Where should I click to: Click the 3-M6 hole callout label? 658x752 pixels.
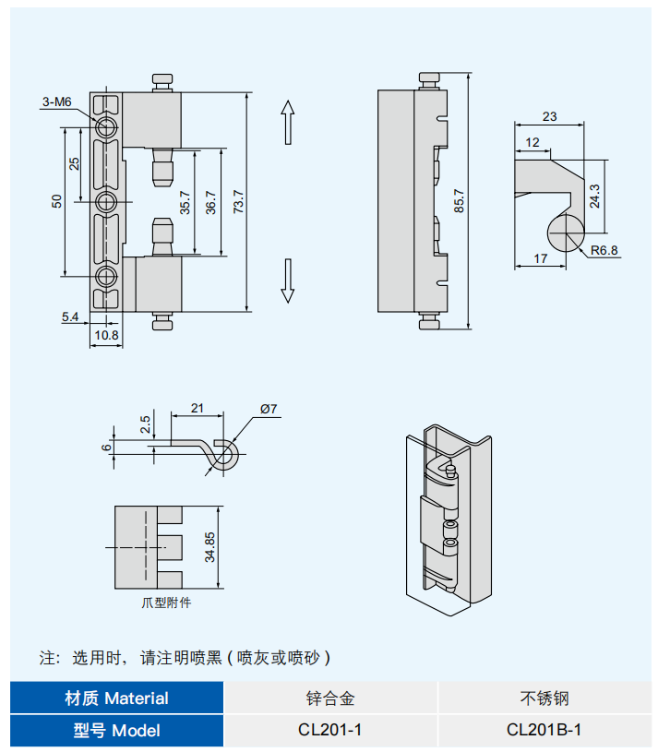[x=56, y=102]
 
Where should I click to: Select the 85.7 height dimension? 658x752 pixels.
[x=460, y=200]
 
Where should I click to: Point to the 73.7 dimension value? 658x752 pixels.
[x=238, y=201]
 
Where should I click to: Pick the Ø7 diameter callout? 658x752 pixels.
[x=269, y=409]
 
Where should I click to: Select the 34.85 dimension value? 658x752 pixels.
[x=210, y=547]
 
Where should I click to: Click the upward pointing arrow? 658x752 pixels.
[x=287, y=121]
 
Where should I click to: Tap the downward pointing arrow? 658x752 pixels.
[x=287, y=281]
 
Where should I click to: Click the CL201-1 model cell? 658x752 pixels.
[x=329, y=730]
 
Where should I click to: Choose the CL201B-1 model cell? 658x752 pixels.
[x=544, y=730]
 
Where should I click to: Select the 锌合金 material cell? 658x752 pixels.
[x=329, y=698]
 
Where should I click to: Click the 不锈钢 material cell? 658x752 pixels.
[x=544, y=698]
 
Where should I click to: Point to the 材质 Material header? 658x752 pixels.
[x=117, y=698]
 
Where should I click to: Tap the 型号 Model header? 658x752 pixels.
[x=117, y=730]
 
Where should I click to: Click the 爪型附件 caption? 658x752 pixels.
[x=166, y=603]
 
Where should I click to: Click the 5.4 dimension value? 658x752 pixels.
[x=71, y=316]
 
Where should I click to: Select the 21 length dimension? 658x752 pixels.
[x=196, y=407]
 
